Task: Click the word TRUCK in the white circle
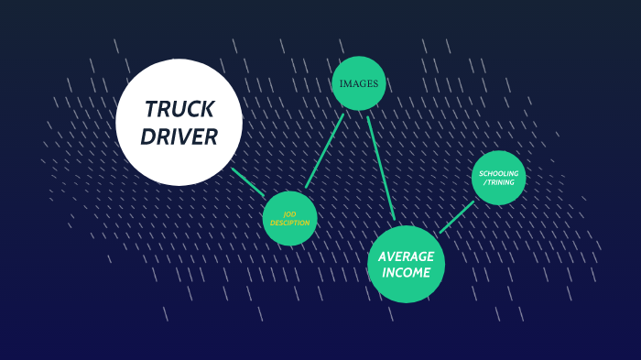179,110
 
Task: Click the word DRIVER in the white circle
179,137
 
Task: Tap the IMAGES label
358,83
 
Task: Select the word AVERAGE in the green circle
406,256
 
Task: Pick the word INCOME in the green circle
406,273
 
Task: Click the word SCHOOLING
499,173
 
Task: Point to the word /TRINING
499,182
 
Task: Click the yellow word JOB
290,214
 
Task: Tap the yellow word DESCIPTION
290,224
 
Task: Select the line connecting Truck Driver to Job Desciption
248,181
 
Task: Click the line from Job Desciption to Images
325,150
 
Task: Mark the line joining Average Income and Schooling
457,217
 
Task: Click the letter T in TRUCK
150,110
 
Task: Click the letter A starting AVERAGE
383,256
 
